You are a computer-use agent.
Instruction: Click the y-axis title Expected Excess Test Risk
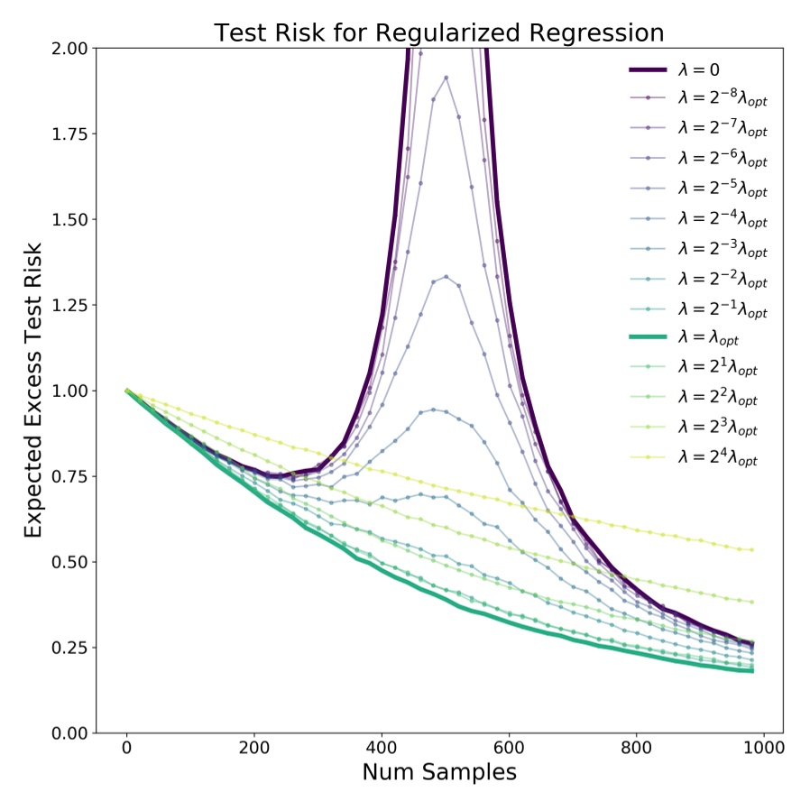(33, 391)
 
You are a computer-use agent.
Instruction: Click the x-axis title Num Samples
(439, 772)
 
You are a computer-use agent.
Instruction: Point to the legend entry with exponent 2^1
(718, 368)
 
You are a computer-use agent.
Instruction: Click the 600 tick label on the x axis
(510, 748)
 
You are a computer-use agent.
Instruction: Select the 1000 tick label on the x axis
(765, 748)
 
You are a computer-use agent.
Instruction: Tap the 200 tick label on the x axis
(254, 748)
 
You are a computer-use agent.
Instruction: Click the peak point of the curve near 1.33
(446, 277)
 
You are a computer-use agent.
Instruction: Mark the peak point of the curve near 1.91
(446, 78)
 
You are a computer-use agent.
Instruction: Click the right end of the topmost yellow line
(751, 549)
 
